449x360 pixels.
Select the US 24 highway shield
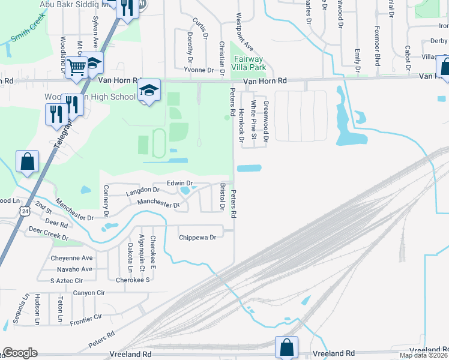tap(24, 211)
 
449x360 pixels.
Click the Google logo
tap(20, 352)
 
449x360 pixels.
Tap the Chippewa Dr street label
tap(197, 238)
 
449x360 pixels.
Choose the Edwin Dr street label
tap(179, 183)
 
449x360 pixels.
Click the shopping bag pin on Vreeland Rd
tap(286, 346)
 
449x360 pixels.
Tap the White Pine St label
tap(254, 120)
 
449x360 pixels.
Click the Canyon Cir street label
tap(89, 293)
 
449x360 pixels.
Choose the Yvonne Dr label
tap(199, 70)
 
